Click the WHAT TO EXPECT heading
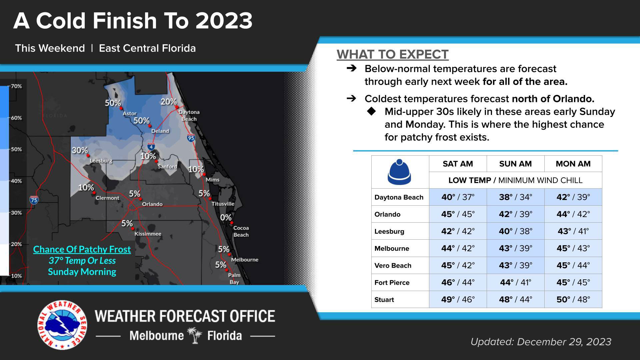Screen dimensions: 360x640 [x=392, y=54]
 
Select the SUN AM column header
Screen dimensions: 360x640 [x=515, y=164]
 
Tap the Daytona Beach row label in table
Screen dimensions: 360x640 [x=399, y=197]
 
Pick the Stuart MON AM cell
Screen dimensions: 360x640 [x=573, y=299]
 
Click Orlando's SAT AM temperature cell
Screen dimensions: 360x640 [x=458, y=214]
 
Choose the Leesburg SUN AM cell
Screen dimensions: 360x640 [x=515, y=231]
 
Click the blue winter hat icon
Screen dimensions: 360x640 [x=399, y=172]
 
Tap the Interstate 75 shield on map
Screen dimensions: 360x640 [x=34, y=200]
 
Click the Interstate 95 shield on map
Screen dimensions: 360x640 [x=191, y=138]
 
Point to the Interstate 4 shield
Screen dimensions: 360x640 [x=151, y=146]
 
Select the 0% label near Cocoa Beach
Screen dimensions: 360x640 [x=226, y=218]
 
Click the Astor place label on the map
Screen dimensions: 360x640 [x=130, y=114]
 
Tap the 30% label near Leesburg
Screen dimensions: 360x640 [x=80, y=150]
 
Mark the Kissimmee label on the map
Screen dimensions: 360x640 [x=148, y=234]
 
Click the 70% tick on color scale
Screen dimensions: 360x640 [x=16, y=86]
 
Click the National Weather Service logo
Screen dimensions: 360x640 [x=62, y=325]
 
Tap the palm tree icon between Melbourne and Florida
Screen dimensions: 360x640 [x=195, y=335]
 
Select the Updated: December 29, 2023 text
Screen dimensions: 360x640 [x=541, y=342]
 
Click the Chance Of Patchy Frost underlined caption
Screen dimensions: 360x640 [x=82, y=249]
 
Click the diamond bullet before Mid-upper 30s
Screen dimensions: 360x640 [x=371, y=111]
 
